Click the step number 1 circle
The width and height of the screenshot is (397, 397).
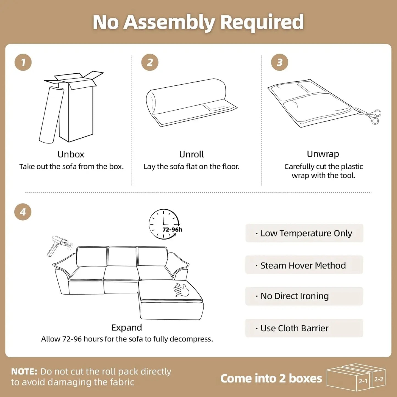(23, 62)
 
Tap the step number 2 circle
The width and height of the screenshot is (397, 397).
(150, 62)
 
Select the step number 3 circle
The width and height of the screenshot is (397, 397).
(279, 62)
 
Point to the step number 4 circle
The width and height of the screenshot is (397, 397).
(23, 212)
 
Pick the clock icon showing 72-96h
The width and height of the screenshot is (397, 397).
(164, 224)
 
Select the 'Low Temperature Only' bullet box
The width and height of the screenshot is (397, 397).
(304, 233)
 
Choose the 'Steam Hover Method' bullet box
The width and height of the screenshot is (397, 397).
(304, 265)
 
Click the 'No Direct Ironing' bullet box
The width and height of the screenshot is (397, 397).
(304, 296)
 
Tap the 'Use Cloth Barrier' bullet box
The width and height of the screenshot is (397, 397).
(304, 328)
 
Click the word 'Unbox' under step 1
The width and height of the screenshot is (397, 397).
(71, 154)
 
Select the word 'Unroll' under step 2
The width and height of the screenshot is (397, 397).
(191, 154)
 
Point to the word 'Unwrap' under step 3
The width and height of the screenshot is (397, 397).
(323, 154)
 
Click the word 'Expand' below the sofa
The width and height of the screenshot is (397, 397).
(127, 327)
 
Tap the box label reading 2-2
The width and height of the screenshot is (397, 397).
(379, 379)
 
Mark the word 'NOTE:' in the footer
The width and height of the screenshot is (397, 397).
(24, 371)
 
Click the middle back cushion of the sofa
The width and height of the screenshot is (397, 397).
(122, 256)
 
